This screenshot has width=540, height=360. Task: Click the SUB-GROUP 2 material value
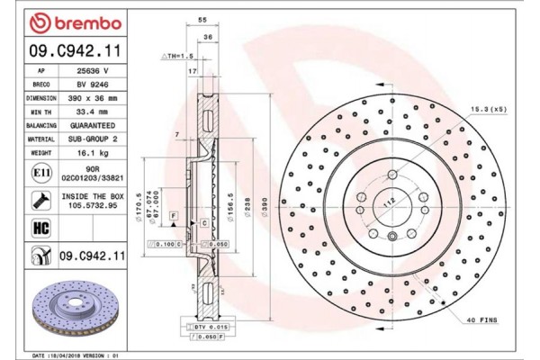[93, 140]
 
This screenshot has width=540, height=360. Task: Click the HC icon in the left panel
[40, 229]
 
